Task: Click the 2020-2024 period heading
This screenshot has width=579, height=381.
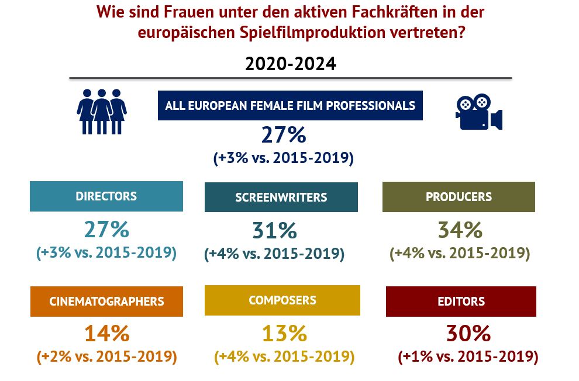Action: pos(291,64)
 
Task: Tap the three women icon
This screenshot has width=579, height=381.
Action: pos(102,111)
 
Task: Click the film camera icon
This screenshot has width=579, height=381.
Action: pos(478,112)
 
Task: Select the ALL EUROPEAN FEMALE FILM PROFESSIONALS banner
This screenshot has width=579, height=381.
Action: pos(290,106)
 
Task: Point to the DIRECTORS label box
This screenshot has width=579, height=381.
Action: pos(106,196)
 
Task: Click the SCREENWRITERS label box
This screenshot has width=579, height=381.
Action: pos(281,197)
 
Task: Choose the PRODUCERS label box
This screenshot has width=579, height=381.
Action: pos(459,197)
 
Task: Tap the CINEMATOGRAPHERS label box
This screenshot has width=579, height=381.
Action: pos(106,302)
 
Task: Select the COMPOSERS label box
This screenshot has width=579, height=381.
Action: pos(282,300)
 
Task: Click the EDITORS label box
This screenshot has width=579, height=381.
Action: pos(461,302)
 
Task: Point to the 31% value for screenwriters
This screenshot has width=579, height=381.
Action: pos(275,231)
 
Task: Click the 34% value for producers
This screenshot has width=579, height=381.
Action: pos(460,230)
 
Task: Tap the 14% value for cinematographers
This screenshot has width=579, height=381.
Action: pos(106,334)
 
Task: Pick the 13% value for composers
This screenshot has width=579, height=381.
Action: pos(284,334)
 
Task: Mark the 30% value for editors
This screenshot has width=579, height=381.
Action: pos(467,334)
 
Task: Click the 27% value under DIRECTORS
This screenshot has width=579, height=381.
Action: pos(106,230)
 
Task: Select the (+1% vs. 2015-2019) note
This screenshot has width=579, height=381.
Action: pos(467,356)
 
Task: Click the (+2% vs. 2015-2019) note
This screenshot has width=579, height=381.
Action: pos(106,356)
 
